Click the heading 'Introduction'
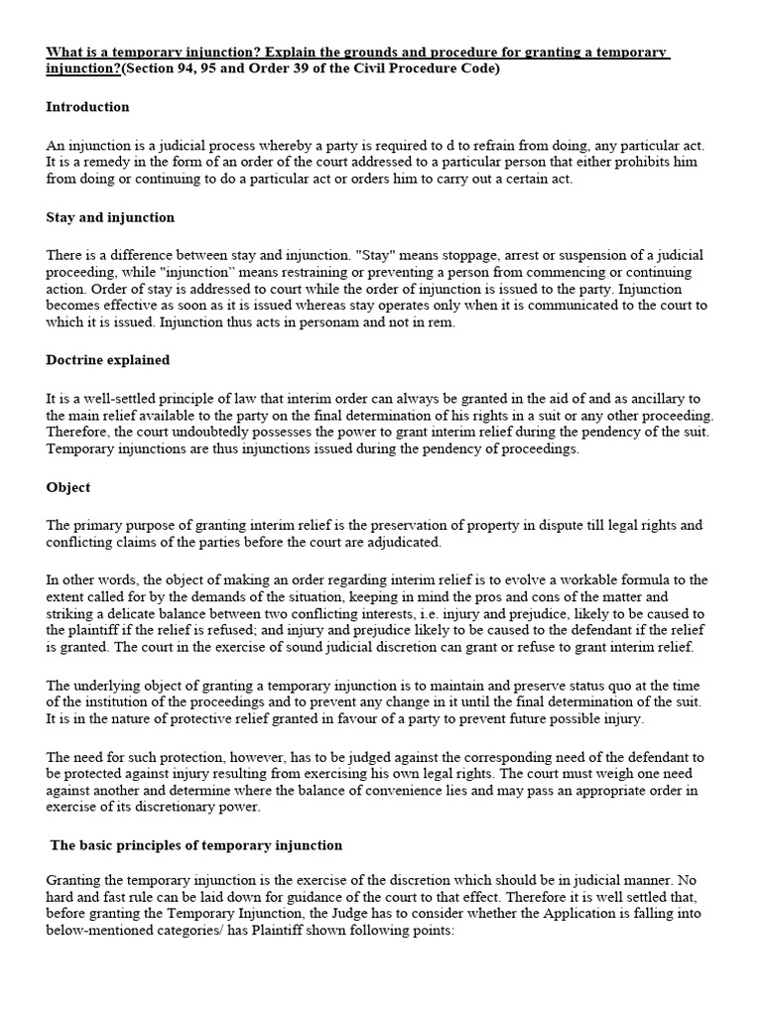click(87, 107)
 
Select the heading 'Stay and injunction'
click(110, 217)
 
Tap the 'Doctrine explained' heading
click(107, 360)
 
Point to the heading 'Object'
click(68, 487)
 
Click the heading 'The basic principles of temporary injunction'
click(196, 845)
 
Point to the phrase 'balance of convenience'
click(400, 790)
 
